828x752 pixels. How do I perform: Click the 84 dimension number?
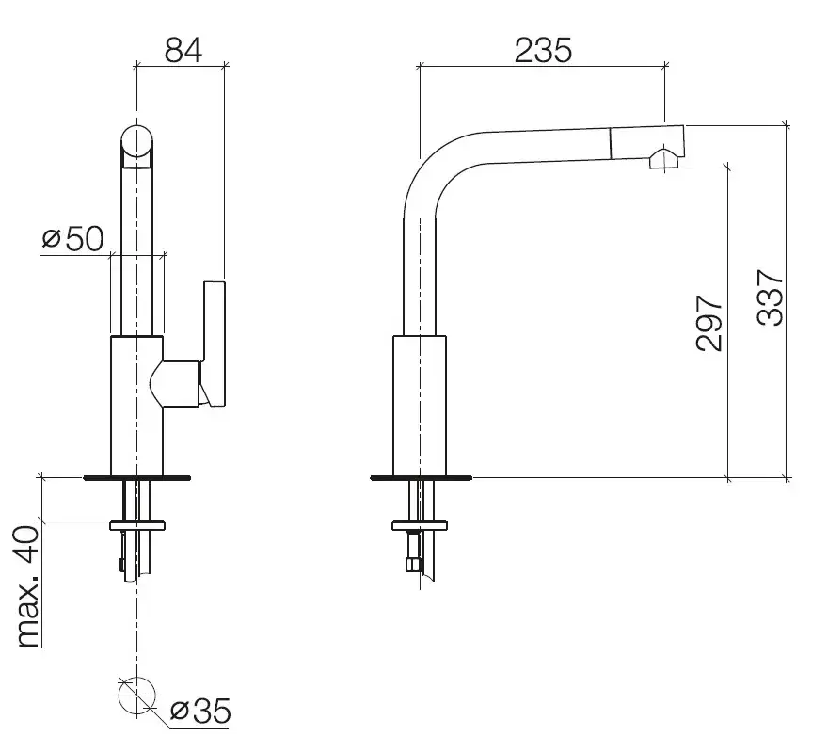click(183, 51)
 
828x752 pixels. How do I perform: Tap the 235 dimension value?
click(543, 51)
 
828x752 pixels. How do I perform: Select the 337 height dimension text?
click(770, 297)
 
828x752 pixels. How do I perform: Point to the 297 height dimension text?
click(709, 323)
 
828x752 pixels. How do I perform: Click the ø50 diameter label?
click(72, 239)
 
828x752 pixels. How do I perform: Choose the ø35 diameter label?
click(200, 711)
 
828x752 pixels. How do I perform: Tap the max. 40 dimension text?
click(28, 586)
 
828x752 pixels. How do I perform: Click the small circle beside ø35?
click(137, 696)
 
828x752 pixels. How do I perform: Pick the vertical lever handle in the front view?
click(215, 344)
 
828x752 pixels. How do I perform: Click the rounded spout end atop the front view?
click(137, 141)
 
